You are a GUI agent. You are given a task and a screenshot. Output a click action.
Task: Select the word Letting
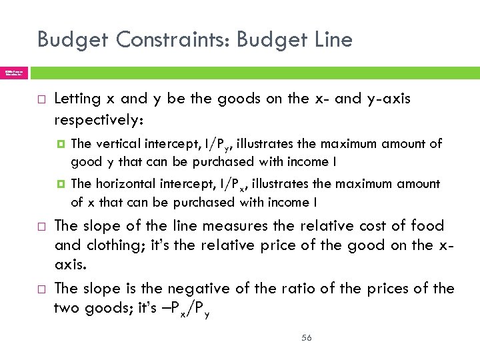click(x=77, y=99)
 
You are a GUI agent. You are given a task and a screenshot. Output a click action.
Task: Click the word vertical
click(x=118, y=143)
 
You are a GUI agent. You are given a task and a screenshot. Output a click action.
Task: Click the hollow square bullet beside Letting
click(x=41, y=99)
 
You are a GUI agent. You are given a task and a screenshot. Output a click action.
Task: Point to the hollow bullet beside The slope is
click(x=41, y=289)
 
